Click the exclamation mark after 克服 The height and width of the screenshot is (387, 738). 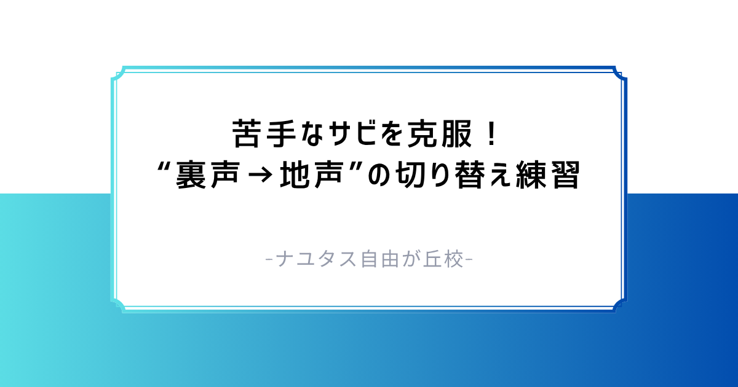(x=490, y=133)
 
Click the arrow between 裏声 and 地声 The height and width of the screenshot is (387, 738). (x=263, y=178)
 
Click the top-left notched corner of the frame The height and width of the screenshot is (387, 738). (x=117, y=72)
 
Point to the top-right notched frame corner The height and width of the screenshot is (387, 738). (x=621, y=72)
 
